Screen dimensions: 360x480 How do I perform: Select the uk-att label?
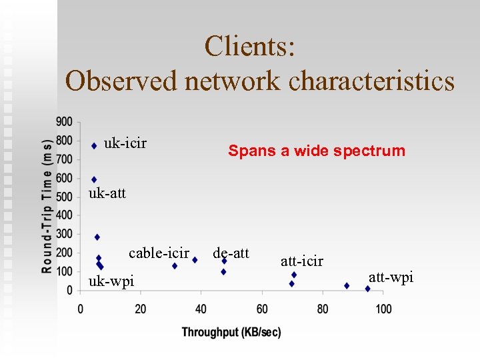[107, 194]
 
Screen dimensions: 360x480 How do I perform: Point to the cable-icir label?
[159, 253]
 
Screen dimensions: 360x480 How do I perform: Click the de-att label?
[231, 253]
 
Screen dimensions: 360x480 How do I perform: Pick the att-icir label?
[302, 261]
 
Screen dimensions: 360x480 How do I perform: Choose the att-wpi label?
[391, 277]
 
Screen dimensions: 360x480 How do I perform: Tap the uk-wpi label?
[111, 281]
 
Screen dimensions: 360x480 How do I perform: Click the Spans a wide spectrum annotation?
[317, 151]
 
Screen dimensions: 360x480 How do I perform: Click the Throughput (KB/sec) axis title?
[231, 332]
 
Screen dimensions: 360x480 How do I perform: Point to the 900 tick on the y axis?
[65, 122]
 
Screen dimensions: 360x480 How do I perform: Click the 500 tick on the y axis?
[65, 197]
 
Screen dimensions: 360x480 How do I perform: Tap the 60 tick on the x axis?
[262, 309]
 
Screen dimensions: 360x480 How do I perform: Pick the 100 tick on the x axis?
[383, 309]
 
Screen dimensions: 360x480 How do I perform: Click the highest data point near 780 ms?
[94, 145]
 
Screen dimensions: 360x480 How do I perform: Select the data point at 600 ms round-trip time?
[94, 179]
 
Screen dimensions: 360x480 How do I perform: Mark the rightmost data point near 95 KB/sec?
[367, 289]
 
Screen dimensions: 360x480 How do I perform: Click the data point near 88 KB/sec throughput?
[347, 285]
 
